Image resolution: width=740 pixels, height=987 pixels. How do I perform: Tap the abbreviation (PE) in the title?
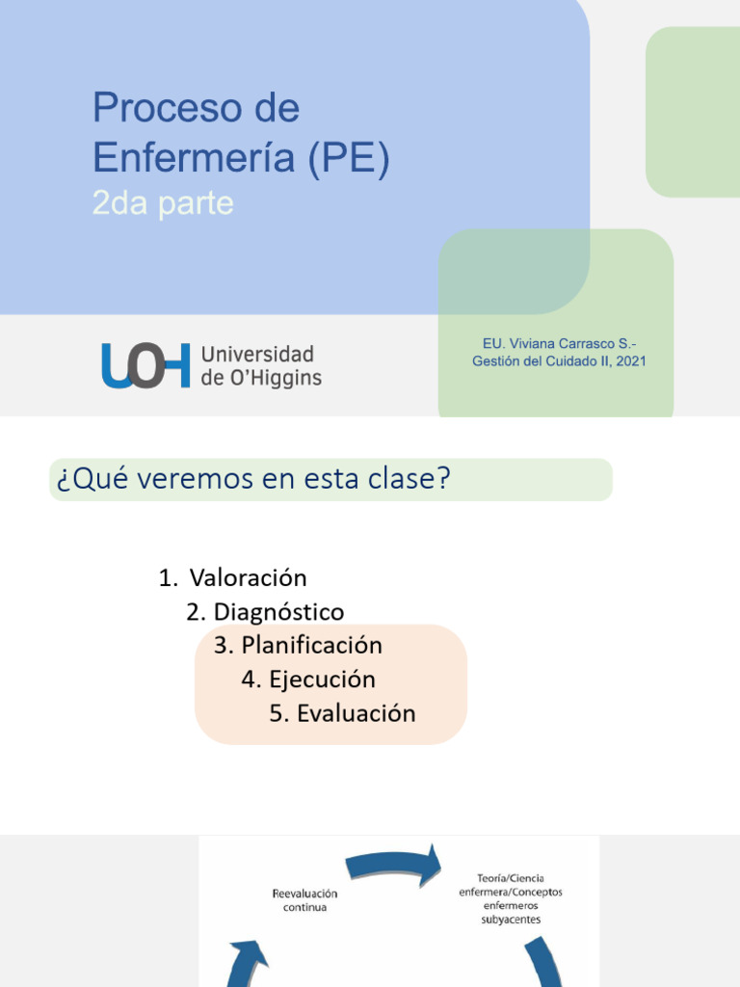349,158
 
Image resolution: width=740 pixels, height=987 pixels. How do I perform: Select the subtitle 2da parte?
163,204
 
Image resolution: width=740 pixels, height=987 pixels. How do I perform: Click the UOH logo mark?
145,365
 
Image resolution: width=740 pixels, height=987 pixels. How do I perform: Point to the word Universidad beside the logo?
257,354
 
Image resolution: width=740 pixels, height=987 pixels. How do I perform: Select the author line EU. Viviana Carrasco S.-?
559,343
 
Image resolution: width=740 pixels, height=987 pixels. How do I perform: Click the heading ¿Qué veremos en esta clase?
253,479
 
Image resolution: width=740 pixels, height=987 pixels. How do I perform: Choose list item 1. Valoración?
233,578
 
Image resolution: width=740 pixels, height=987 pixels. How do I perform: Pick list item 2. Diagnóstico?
265,612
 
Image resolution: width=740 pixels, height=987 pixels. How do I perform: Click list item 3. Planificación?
299,645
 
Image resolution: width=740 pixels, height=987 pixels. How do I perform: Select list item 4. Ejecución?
308,680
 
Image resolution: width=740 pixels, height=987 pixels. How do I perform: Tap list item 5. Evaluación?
343,714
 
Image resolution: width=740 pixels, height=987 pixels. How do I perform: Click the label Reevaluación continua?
305,900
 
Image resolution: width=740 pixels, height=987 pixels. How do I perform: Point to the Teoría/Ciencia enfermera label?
511,885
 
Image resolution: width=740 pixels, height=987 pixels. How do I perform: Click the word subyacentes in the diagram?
511,920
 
